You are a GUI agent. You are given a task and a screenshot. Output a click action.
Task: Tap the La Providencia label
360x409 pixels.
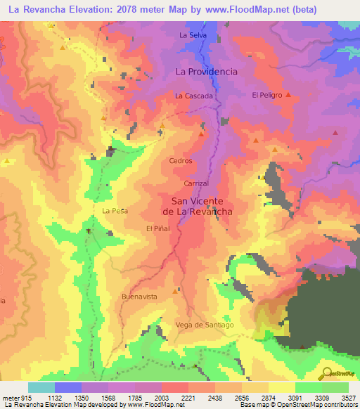pos(206,72)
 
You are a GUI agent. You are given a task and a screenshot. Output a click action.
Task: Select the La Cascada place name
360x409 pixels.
pos(193,96)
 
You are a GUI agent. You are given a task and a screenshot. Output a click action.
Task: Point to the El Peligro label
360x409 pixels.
pos(266,95)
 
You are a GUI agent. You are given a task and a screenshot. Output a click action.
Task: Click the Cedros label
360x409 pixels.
pos(181,161)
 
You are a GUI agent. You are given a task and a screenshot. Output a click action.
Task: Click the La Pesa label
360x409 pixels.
pos(114,211)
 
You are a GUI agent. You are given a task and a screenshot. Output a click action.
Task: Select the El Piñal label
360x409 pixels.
pos(158,229)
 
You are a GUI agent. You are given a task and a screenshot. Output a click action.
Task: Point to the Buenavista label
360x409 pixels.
pos(139,297)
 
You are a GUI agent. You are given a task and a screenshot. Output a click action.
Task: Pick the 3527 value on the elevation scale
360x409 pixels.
pos(348,397)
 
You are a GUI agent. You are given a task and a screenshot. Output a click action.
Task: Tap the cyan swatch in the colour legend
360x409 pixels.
pos(41,387)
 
